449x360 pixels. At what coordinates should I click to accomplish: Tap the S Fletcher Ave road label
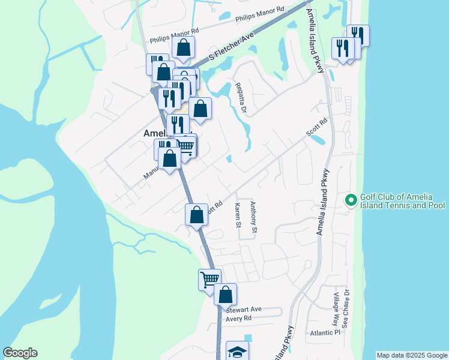[x=231, y=46]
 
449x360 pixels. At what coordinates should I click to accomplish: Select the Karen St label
[x=238, y=215]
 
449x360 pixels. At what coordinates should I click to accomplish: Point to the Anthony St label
[x=254, y=217]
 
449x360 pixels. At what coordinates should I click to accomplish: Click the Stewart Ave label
[x=244, y=309]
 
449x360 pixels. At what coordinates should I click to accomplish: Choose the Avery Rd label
[x=241, y=319]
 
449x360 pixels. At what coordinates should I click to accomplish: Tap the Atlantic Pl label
[x=325, y=332]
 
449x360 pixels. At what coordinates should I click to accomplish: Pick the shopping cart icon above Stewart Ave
[x=209, y=279]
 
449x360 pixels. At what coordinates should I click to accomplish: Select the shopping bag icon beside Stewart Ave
[x=225, y=294]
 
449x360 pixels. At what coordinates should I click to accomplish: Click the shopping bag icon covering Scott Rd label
[x=196, y=214]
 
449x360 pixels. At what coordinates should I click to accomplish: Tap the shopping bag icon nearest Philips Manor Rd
[x=184, y=47]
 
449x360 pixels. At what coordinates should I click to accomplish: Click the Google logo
[x=20, y=353]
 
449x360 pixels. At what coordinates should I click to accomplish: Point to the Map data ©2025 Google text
[x=412, y=355]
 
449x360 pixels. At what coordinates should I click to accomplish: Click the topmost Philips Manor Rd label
[x=259, y=14]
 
